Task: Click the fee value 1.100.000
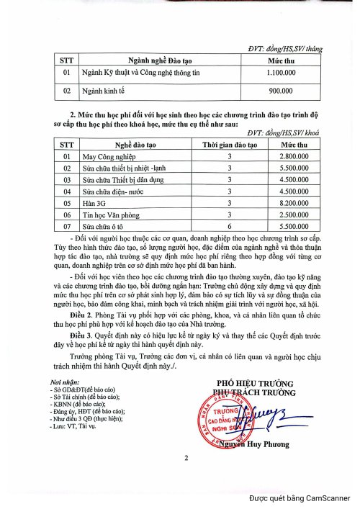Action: pos(279,73)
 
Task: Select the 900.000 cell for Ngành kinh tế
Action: pos(279,91)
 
